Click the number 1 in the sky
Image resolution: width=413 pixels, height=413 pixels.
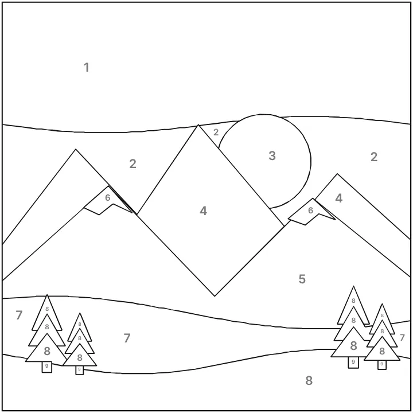(x=87, y=68)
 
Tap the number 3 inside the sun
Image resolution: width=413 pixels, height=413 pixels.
(x=272, y=155)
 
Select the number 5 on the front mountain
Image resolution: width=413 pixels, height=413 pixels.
(x=302, y=279)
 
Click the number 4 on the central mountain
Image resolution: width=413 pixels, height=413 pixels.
(x=203, y=211)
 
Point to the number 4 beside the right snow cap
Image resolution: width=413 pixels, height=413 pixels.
(x=339, y=198)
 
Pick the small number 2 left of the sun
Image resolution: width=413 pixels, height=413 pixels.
(x=216, y=133)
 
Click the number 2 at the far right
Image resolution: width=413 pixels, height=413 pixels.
(x=374, y=157)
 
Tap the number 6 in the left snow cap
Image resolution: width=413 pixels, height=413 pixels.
(x=107, y=197)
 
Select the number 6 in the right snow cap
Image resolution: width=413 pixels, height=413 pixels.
(x=310, y=210)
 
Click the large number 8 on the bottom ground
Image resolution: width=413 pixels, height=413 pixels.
(x=309, y=380)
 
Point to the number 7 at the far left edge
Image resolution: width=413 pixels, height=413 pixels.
(x=19, y=315)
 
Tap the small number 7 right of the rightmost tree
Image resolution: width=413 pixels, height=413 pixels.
(x=402, y=337)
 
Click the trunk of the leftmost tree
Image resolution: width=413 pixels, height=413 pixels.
(x=47, y=367)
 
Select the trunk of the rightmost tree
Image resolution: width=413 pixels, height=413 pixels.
(x=382, y=365)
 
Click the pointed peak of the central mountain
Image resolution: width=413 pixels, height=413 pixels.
(x=198, y=125)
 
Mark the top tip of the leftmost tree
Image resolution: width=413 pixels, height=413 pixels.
(x=47, y=295)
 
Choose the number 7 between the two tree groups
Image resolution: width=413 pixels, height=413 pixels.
(x=127, y=338)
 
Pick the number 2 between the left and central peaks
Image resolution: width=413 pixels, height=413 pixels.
(x=133, y=164)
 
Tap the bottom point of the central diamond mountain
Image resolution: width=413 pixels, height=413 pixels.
(x=215, y=296)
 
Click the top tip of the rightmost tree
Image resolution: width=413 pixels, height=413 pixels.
(x=382, y=304)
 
